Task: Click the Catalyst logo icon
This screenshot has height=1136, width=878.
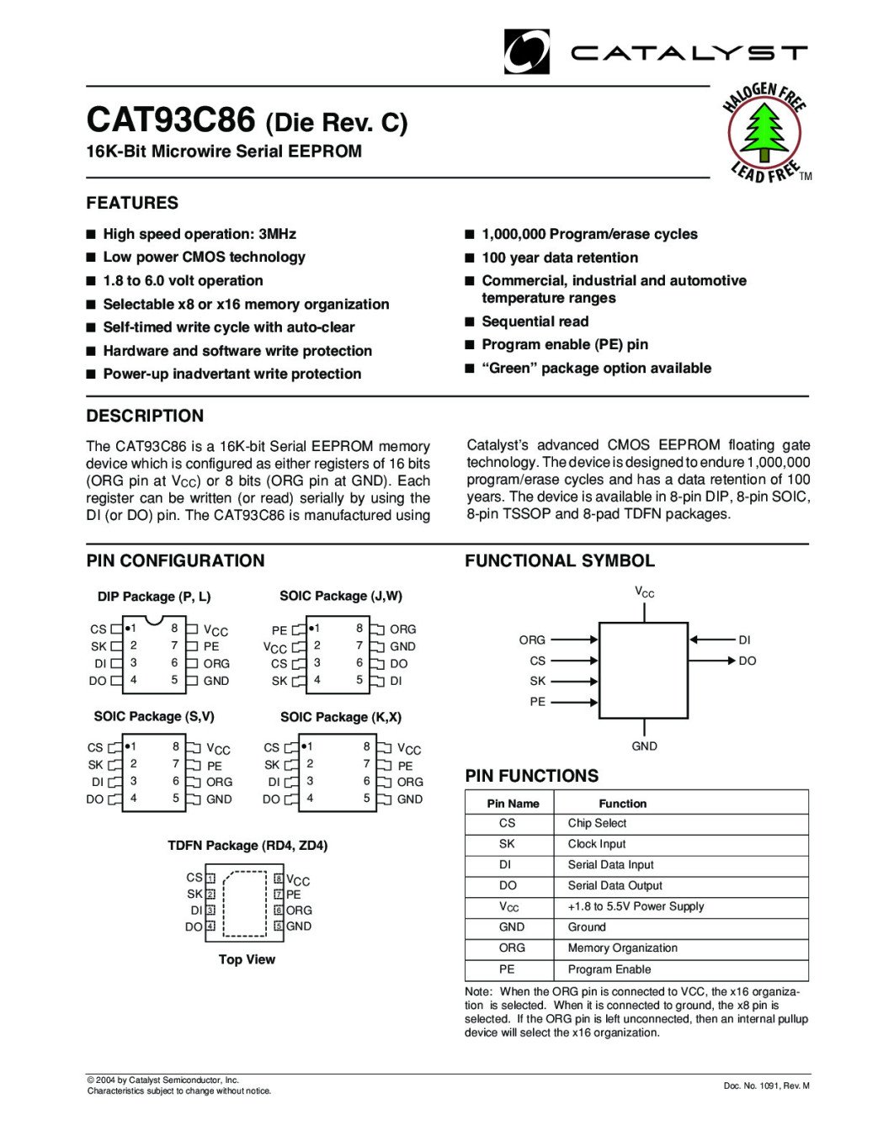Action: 527,52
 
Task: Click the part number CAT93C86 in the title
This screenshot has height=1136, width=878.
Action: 170,120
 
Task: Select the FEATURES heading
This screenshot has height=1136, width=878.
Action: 132,203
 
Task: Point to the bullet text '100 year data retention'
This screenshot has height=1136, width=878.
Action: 560,257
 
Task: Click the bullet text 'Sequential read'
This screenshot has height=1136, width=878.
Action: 535,321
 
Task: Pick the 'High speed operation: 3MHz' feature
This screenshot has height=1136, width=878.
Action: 200,234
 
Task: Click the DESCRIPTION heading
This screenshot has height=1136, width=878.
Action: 145,416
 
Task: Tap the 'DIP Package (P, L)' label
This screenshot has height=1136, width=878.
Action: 154,597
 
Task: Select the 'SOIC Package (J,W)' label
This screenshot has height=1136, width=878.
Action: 341,596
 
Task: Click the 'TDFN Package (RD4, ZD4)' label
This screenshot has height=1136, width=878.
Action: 247,845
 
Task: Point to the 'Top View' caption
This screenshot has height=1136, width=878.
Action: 247,959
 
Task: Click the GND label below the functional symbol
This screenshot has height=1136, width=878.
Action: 644,746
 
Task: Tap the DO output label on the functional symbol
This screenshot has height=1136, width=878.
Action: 748,661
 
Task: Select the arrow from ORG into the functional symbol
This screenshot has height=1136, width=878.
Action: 574,640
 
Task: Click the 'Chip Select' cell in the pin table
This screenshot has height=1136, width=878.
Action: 597,823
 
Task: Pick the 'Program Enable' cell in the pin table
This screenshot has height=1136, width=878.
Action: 609,969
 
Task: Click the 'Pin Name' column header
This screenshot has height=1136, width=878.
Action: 513,804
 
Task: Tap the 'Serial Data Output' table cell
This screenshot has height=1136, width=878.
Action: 615,885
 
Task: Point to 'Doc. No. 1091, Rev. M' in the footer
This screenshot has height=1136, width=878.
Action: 766,1086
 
